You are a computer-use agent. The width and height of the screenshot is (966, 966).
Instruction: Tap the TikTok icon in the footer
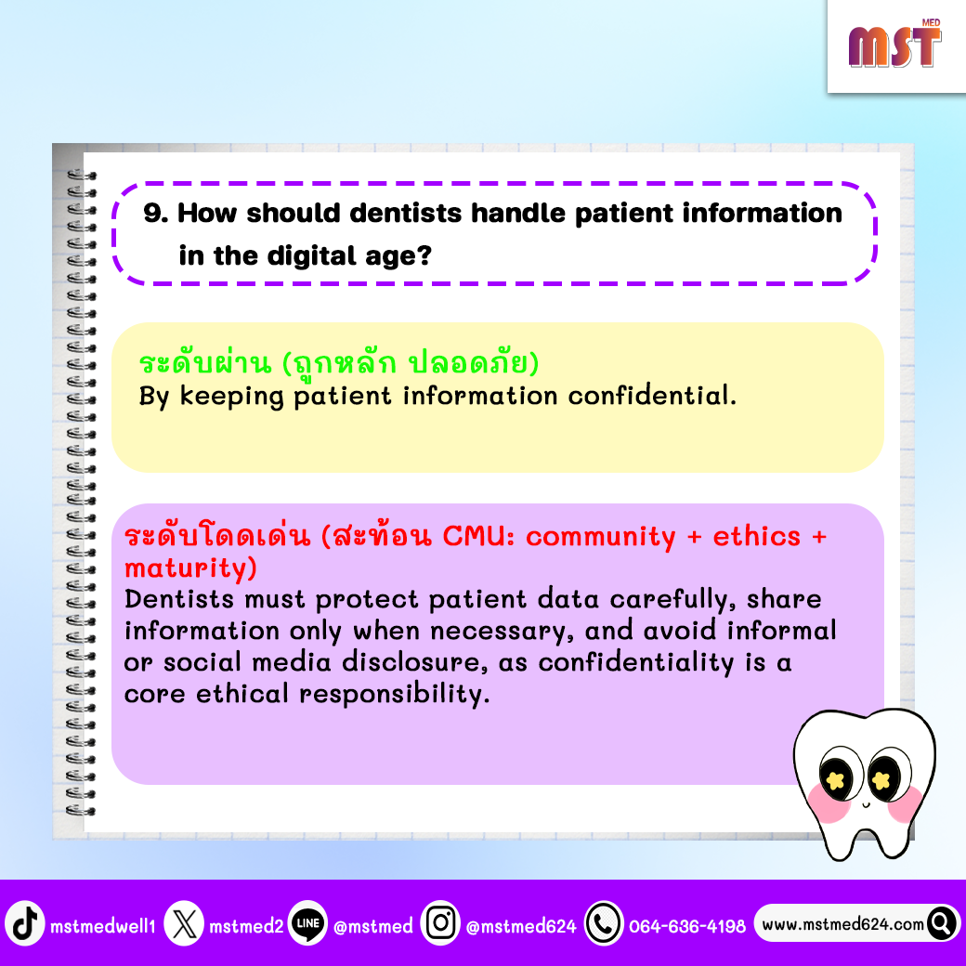tap(25, 923)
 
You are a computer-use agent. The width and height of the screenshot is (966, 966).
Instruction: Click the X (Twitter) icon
tap(184, 923)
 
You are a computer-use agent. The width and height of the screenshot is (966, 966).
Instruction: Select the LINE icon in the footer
tap(307, 923)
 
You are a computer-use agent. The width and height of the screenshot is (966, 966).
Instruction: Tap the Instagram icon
tap(440, 923)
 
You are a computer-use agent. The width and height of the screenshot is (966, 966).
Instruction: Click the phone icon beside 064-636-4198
tap(604, 923)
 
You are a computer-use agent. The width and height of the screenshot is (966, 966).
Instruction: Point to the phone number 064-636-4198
tap(687, 926)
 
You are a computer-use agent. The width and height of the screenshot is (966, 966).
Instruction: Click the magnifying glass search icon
tap(942, 923)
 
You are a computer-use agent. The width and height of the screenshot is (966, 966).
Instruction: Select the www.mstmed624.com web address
tap(842, 924)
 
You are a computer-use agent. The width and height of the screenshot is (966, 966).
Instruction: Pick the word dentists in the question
tap(406, 213)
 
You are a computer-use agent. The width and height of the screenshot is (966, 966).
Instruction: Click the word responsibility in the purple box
tap(394, 695)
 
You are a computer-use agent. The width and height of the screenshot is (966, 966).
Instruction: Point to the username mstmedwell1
tap(103, 926)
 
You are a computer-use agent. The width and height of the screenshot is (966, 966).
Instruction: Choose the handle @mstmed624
tap(521, 926)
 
